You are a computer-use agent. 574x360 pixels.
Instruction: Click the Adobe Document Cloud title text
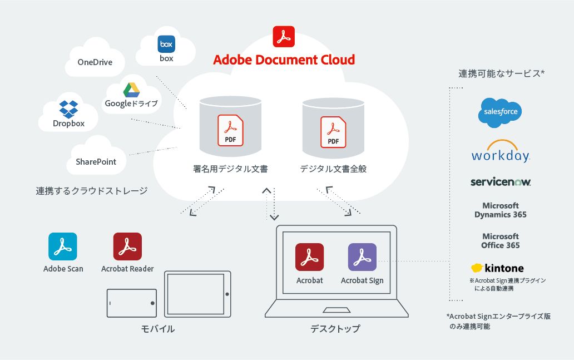click(x=284, y=60)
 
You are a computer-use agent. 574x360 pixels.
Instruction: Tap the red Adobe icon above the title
click(x=284, y=36)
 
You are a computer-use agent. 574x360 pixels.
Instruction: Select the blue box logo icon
click(x=166, y=44)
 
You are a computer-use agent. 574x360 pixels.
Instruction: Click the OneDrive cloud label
click(x=95, y=62)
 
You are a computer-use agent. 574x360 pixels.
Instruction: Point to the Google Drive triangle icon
click(x=131, y=90)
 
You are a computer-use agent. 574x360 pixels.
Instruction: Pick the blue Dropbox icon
click(x=68, y=109)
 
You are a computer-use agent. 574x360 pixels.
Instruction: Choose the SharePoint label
click(x=96, y=162)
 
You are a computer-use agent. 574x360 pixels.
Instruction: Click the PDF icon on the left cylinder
click(x=230, y=131)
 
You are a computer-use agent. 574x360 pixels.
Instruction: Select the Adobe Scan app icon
click(x=63, y=246)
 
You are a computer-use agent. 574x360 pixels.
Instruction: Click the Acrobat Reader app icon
click(x=127, y=246)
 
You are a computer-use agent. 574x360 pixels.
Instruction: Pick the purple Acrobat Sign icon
click(x=362, y=257)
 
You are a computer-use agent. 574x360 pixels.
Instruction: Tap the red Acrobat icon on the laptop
click(x=309, y=257)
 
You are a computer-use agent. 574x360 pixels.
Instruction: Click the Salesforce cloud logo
click(x=500, y=112)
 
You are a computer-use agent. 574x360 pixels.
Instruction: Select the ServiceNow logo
click(x=500, y=182)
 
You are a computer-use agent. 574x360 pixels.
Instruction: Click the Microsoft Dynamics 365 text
click(x=500, y=210)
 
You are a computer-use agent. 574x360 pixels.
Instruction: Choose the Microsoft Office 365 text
click(x=500, y=241)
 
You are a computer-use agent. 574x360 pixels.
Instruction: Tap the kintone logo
click(x=497, y=268)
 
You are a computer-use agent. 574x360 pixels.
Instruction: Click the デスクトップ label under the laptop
click(x=335, y=329)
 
